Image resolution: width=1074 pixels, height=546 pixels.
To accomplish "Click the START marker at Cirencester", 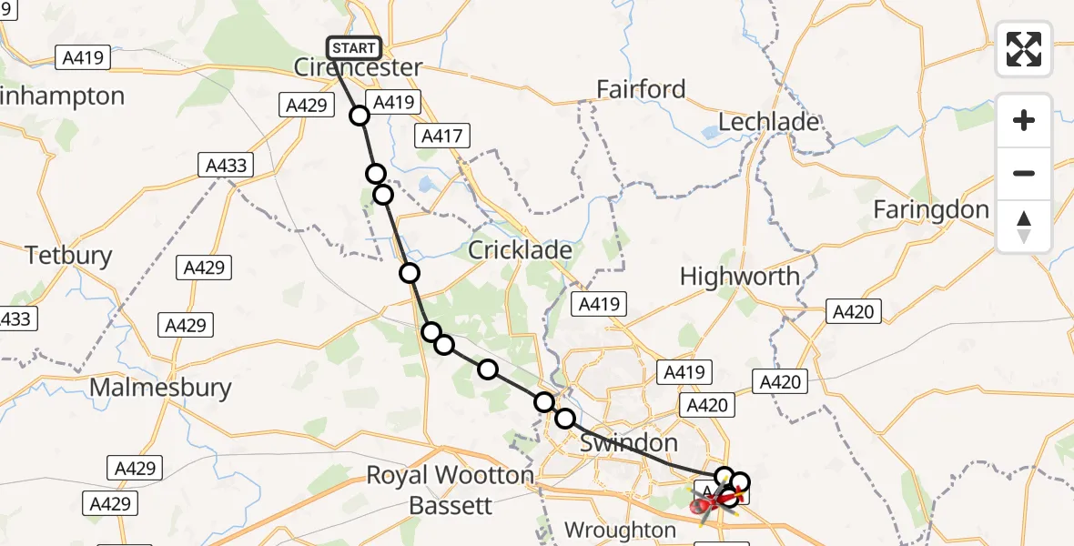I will coord(354,48).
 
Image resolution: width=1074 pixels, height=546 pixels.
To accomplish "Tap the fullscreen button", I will coord(1024,49).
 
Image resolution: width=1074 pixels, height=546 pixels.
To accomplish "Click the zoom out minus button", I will coord(1024,173).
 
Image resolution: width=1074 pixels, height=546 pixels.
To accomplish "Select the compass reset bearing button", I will coord(1024,227).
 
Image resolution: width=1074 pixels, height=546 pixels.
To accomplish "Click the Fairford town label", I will coord(641,89).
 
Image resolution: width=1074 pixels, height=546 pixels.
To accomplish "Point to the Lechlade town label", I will coord(768,122).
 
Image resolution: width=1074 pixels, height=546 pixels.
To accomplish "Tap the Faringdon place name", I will coord(930,209).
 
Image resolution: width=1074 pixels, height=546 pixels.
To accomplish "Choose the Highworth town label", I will coord(739,277).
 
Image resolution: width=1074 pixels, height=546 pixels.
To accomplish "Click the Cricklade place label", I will coord(520,250).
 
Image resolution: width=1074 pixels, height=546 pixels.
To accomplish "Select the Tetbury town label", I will coord(68,256).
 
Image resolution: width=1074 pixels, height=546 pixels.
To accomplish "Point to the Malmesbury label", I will coord(159,388).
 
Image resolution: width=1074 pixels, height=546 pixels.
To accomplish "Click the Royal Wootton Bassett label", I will coord(450,489).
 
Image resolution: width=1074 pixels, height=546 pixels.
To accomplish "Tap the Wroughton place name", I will coord(620,530).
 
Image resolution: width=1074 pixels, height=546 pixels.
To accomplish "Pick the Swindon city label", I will coord(628,444).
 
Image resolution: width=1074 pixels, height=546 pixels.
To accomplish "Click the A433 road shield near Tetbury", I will coord(226,166).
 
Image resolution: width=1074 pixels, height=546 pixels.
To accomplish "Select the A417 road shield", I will coord(441,136).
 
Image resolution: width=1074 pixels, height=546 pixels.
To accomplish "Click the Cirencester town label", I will coord(358,67).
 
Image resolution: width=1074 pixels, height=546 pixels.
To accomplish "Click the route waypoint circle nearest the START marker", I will coord(360,116).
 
